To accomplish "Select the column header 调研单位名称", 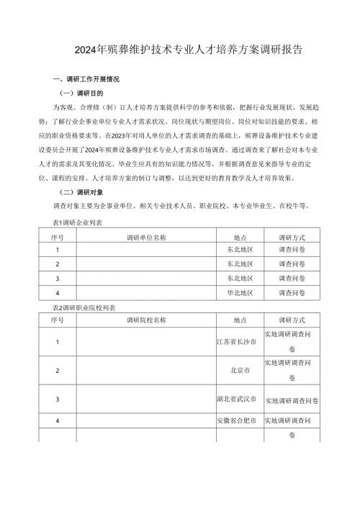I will tap(146, 236).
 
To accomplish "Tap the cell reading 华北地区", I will tap(240, 294).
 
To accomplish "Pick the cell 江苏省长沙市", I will tap(240, 341).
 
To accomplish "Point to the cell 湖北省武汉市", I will tap(240, 399).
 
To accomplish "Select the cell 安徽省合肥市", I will tap(240, 420).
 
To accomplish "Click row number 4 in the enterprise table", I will tap(57, 294).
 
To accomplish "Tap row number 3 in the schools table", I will tap(57, 399).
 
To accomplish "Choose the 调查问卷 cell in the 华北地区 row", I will tap(292, 294).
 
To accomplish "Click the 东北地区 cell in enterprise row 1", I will tap(240, 251).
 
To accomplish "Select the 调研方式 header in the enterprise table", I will tap(292, 236).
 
